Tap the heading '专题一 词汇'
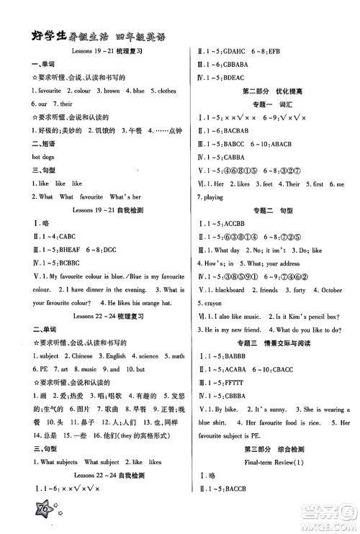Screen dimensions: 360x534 pyautogui.click(x=266, y=102)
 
